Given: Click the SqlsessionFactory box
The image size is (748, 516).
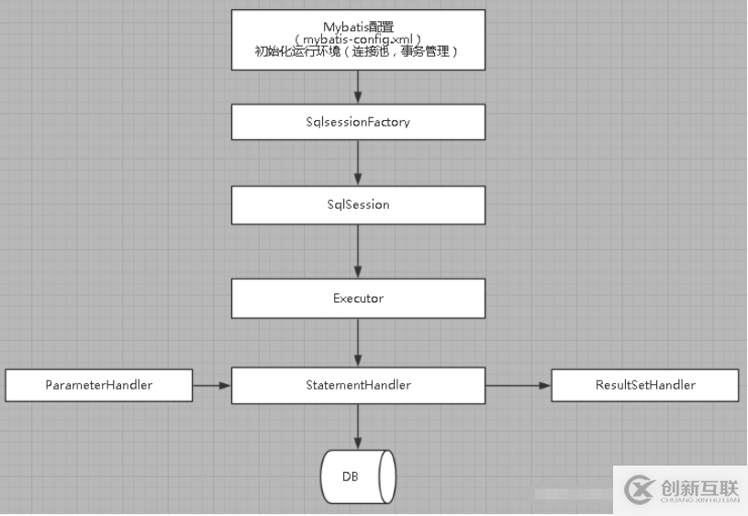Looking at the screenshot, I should (x=358, y=121).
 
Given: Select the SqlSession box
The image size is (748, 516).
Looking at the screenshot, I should (x=358, y=204).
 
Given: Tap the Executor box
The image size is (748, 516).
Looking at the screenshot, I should (x=358, y=298).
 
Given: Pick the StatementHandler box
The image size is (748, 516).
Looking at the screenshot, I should (x=358, y=385).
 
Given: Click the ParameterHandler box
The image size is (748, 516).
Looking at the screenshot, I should (x=99, y=385).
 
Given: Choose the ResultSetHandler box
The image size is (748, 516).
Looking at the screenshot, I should (x=644, y=385).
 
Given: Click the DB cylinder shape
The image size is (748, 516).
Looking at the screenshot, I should (x=358, y=477).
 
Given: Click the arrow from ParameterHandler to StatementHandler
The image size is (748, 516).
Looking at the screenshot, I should (x=211, y=385).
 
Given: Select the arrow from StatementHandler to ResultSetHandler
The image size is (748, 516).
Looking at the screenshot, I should (x=518, y=385).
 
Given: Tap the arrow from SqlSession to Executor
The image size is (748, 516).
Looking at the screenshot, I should (x=358, y=251).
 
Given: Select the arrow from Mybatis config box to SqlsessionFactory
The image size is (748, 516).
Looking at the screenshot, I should (x=358, y=86).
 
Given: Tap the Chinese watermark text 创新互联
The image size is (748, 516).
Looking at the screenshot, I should (x=699, y=486).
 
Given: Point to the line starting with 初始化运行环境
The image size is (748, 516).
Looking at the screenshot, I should (x=357, y=53).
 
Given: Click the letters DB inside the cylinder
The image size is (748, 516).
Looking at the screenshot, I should (x=351, y=477).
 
